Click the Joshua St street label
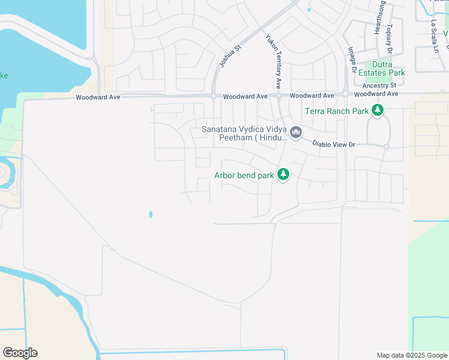pyautogui.click(x=230, y=55)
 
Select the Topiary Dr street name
pyautogui.click(x=390, y=38)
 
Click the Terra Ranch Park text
pyautogui.click(x=336, y=111)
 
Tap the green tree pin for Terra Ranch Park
pyautogui.click(x=378, y=110)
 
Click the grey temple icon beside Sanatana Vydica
pyautogui.click(x=295, y=132)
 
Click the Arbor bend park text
pyautogui.click(x=244, y=176)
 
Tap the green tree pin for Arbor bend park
pyautogui.click(x=283, y=175)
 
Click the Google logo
pyautogui.click(x=20, y=352)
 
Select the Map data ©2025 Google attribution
pyautogui.click(x=411, y=355)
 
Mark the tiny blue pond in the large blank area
pyautogui.click(x=150, y=214)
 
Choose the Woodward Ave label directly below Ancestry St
pyautogui.click(x=376, y=94)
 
